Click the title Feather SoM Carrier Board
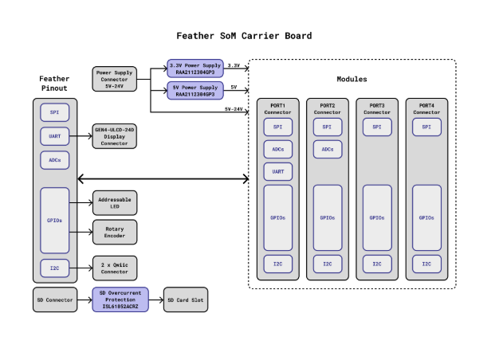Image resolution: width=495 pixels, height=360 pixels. tap(244, 36)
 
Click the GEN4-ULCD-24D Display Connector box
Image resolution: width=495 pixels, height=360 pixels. tap(115, 136)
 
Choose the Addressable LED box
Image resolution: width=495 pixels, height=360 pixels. tap(115, 202)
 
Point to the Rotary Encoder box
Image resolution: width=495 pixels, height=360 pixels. tap(115, 232)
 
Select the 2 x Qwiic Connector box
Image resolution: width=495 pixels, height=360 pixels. tap(115, 266)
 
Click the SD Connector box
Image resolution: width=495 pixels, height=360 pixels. tap(54, 299)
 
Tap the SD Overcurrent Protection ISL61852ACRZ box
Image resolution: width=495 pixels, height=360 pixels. tap(120, 299)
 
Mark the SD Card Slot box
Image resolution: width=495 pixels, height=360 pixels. tap(186, 299)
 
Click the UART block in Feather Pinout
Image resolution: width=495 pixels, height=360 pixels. tap(54, 136)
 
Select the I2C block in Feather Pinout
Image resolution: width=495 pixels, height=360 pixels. tap(54, 268)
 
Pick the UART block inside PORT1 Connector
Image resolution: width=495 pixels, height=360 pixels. tap(277, 171)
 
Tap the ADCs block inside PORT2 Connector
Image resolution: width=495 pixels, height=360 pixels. tap(327, 149)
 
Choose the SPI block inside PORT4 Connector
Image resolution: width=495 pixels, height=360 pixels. tap(426, 127)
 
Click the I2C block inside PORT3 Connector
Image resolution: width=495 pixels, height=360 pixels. tap(377, 264)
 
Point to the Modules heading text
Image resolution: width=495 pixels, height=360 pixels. tap(352, 79)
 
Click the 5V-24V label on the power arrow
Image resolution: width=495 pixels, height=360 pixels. tap(234, 108)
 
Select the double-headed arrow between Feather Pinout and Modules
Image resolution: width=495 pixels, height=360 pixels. tap(163, 179)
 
